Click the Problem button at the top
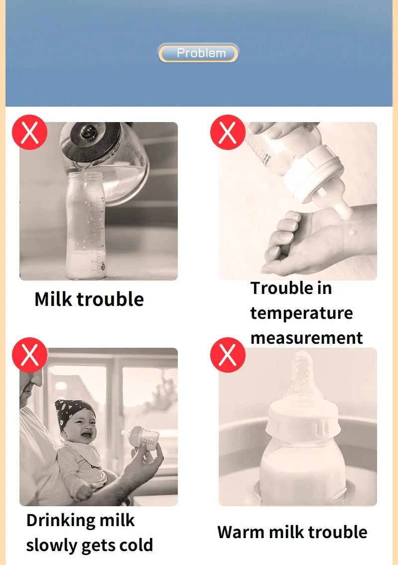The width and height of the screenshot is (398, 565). pyautogui.click(x=198, y=53)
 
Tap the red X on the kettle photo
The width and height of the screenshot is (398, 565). pyautogui.click(x=30, y=132)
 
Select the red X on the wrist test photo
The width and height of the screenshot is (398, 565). pyautogui.click(x=228, y=132)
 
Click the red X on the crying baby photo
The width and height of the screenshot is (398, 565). pyautogui.click(x=30, y=354)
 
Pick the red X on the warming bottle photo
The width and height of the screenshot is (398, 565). pyautogui.click(x=228, y=354)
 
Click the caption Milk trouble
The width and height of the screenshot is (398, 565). pyautogui.click(x=89, y=299)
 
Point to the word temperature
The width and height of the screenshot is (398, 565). pyautogui.click(x=301, y=313)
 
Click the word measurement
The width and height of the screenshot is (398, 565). pyautogui.click(x=306, y=338)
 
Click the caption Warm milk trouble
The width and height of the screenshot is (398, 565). pyautogui.click(x=292, y=532)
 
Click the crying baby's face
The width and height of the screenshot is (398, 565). pyautogui.click(x=80, y=428)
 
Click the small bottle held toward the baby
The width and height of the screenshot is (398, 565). pyautogui.click(x=142, y=437)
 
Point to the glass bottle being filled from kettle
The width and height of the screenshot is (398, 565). pyautogui.click(x=86, y=224)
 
